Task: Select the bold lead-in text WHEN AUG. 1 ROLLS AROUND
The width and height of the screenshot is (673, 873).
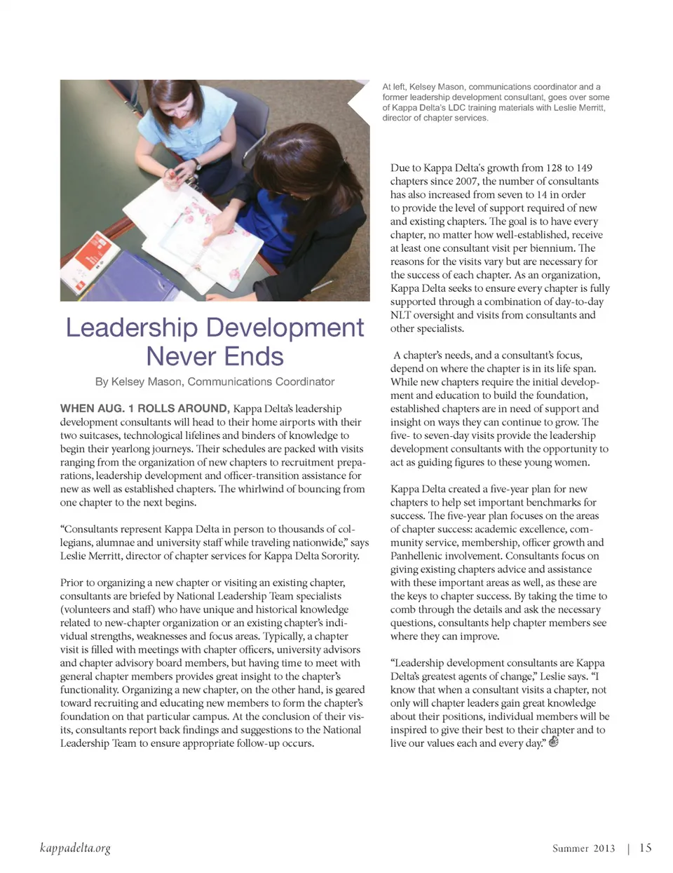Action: tap(144, 408)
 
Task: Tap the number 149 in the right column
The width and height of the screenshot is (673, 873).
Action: tap(583, 168)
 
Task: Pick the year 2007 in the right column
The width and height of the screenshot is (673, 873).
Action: tap(466, 181)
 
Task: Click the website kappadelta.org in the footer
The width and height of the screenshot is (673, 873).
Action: tap(75, 848)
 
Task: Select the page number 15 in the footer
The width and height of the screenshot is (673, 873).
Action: tap(645, 848)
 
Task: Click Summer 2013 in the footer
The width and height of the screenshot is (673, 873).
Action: tap(583, 848)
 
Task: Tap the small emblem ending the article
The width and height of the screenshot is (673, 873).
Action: tap(554, 743)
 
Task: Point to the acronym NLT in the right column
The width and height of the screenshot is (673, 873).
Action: tap(401, 315)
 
